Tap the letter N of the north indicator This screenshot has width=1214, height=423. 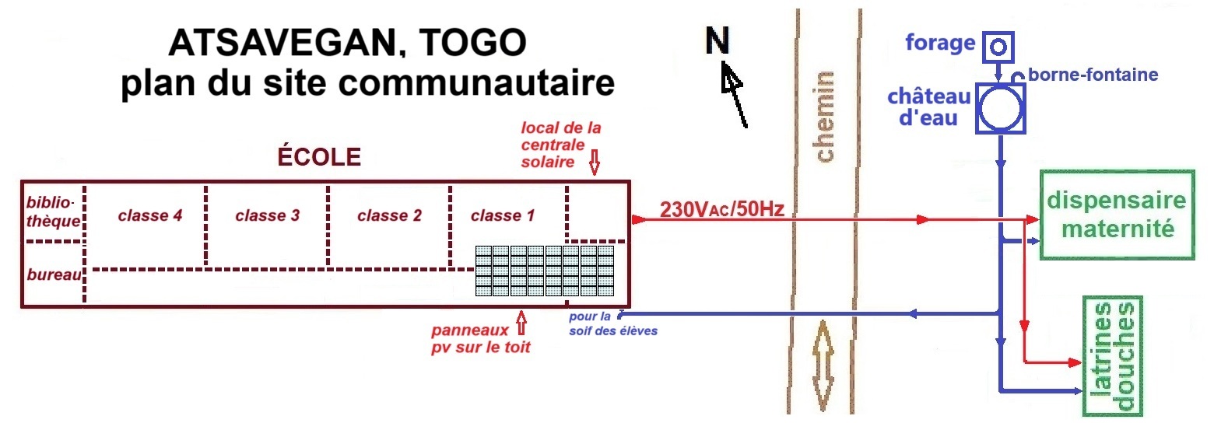pos(717,40)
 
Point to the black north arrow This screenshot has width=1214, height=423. pos(735,95)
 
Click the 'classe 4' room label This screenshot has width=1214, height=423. pos(150,215)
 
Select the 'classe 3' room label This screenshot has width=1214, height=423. pos(267,215)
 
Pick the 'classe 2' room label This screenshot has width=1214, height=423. pos(389,215)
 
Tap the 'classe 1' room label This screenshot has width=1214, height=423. pos(503,215)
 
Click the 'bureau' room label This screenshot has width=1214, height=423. pos(54,274)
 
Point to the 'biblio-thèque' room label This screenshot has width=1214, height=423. pos(53,211)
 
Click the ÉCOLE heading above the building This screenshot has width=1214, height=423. pos(319,157)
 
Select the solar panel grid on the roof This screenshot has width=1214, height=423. pos(545,271)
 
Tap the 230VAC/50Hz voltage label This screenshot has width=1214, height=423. pos(722,209)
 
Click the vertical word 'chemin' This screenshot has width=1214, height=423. pos(824,116)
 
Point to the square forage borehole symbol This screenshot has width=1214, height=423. pos(998,47)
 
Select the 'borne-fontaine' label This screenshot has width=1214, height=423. pos(1093,75)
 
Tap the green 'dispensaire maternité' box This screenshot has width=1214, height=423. pos(1117,215)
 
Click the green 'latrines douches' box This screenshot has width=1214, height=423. pos(1113,356)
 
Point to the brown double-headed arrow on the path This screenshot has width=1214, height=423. pos(823,365)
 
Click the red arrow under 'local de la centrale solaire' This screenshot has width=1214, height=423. pos(595,162)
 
